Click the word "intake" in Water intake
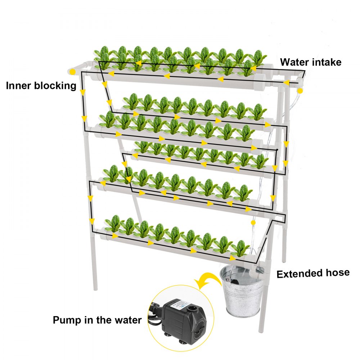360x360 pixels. coord(326,62)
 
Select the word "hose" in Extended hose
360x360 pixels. coord(337,273)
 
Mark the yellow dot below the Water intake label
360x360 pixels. coord(300,91)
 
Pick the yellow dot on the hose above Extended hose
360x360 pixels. coord(253,223)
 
